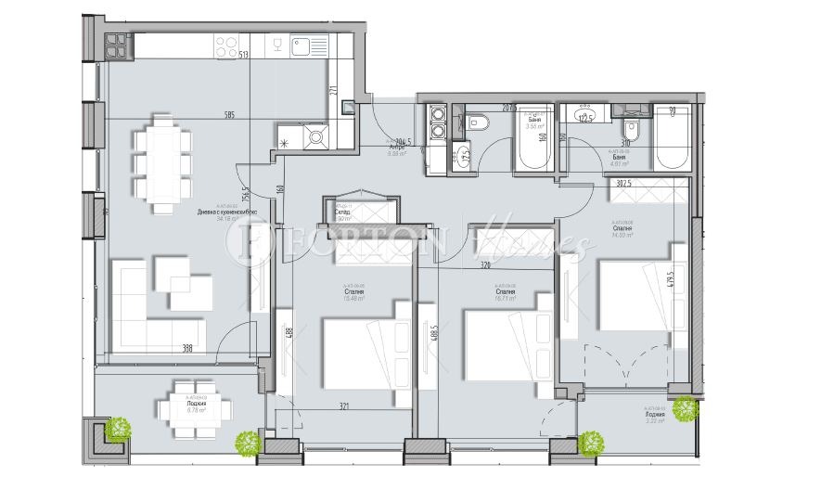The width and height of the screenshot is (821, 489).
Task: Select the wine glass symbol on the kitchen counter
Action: coord(277,44)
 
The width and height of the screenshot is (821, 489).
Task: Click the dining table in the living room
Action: coord(163,162)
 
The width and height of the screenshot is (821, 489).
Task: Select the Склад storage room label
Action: coord(342,212)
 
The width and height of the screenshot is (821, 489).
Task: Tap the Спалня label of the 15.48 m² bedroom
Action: coord(353,292)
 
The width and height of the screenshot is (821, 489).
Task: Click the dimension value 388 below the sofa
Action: coord(187,348)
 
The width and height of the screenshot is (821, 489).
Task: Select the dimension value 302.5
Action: coord(624,184)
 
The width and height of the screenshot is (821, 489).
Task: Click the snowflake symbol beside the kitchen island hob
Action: coord(285,142)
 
